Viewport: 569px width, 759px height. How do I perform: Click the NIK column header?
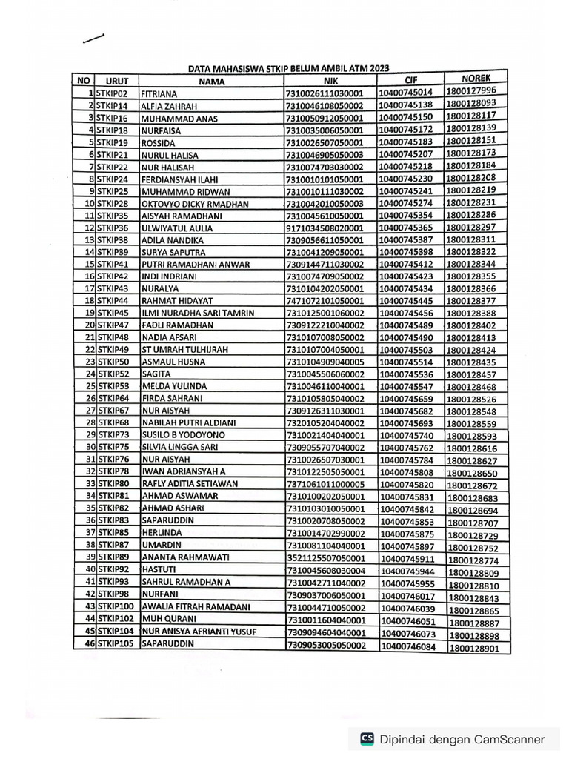330,81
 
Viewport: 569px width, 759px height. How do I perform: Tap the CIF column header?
411,79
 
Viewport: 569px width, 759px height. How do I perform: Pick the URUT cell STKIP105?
115,644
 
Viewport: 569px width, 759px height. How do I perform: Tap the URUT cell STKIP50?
113,361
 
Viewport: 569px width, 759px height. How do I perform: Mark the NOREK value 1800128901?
473,648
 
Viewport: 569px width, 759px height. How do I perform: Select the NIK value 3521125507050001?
326,558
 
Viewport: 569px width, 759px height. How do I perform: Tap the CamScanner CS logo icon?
367,738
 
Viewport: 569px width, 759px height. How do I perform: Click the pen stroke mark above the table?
95,39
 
